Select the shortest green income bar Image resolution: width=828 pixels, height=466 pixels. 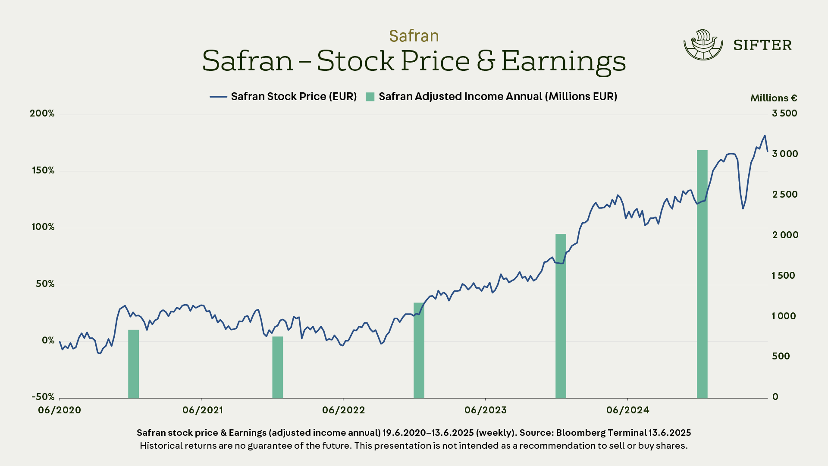[x=277, y=367]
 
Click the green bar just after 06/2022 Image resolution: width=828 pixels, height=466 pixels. [x=419, y=350]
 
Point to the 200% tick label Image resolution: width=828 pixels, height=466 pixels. [x=42, y=113]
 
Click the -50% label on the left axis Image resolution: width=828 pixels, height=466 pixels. [x=43, y=397]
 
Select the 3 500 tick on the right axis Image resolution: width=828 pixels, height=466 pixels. [x=784, y=113]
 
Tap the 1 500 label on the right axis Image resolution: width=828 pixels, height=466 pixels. [x=783, y=276]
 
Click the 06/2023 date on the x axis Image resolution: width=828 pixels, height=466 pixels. [x=485, y=410]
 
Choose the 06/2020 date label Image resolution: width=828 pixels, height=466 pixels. [x=60, y=410]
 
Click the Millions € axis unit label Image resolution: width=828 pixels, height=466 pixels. [x=774, y=98]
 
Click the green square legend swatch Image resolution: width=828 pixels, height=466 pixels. [x=370, y=97]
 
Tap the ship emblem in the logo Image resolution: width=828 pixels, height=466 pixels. [x=703, y=45]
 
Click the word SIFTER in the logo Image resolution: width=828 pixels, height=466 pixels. [x=762, y=45]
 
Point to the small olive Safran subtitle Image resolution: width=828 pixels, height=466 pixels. [x=414, y=36]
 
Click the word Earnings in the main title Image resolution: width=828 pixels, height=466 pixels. [x=563, y=61]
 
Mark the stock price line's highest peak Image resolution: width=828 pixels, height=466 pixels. [x=765, y=136]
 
